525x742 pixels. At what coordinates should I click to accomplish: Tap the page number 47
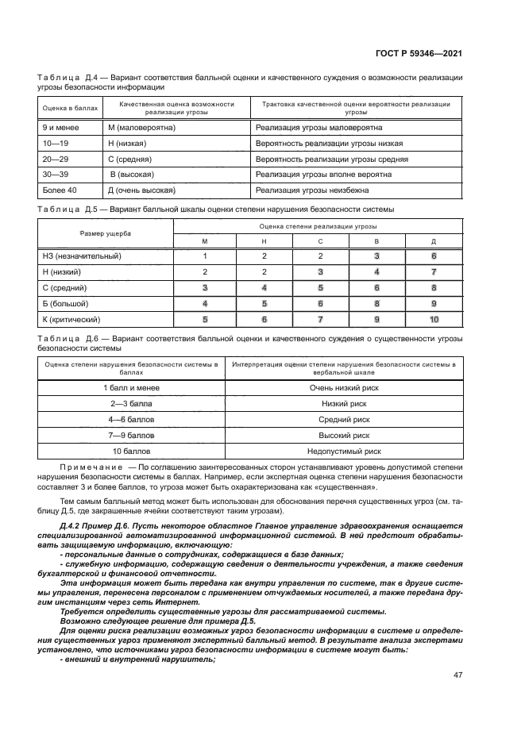(x=458, y=675)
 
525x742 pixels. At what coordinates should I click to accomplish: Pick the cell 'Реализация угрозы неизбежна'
(x=318, y=190)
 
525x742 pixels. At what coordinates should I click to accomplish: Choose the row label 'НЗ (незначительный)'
(x=81, y=256)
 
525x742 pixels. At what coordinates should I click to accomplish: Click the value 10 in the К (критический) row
(x=434, y=319)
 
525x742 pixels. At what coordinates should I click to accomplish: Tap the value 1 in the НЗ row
(x=205, y=256)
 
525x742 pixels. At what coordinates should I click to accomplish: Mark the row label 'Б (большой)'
(x=65, y=303)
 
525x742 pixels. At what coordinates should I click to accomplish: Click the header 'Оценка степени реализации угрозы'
(x=319, y=226)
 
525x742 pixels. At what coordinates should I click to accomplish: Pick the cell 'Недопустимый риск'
(x=344, y=451)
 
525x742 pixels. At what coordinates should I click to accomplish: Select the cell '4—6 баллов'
(x=131, y=419)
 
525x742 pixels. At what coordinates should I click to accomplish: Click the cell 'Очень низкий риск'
(x=344, y=387)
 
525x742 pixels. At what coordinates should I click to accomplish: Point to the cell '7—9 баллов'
(x=131, y=435)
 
